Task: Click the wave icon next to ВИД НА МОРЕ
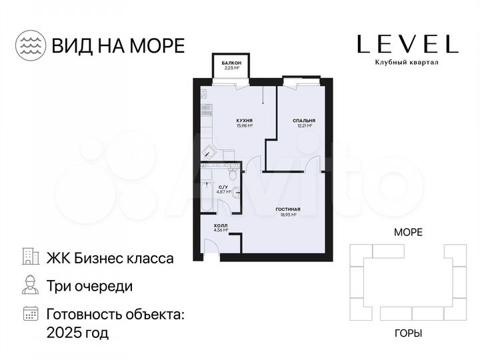click(30, 44)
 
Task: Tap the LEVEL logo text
click(407, 44)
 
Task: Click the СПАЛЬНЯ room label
click(303, 121)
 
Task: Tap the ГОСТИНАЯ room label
click(287, 209)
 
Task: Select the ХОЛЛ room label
click(219, 226)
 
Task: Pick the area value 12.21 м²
click(303, 126)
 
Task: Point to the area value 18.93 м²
click(287, 215)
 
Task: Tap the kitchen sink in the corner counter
click(207, 151)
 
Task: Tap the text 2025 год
click(77, 331)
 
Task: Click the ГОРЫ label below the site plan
click(407, 333)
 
